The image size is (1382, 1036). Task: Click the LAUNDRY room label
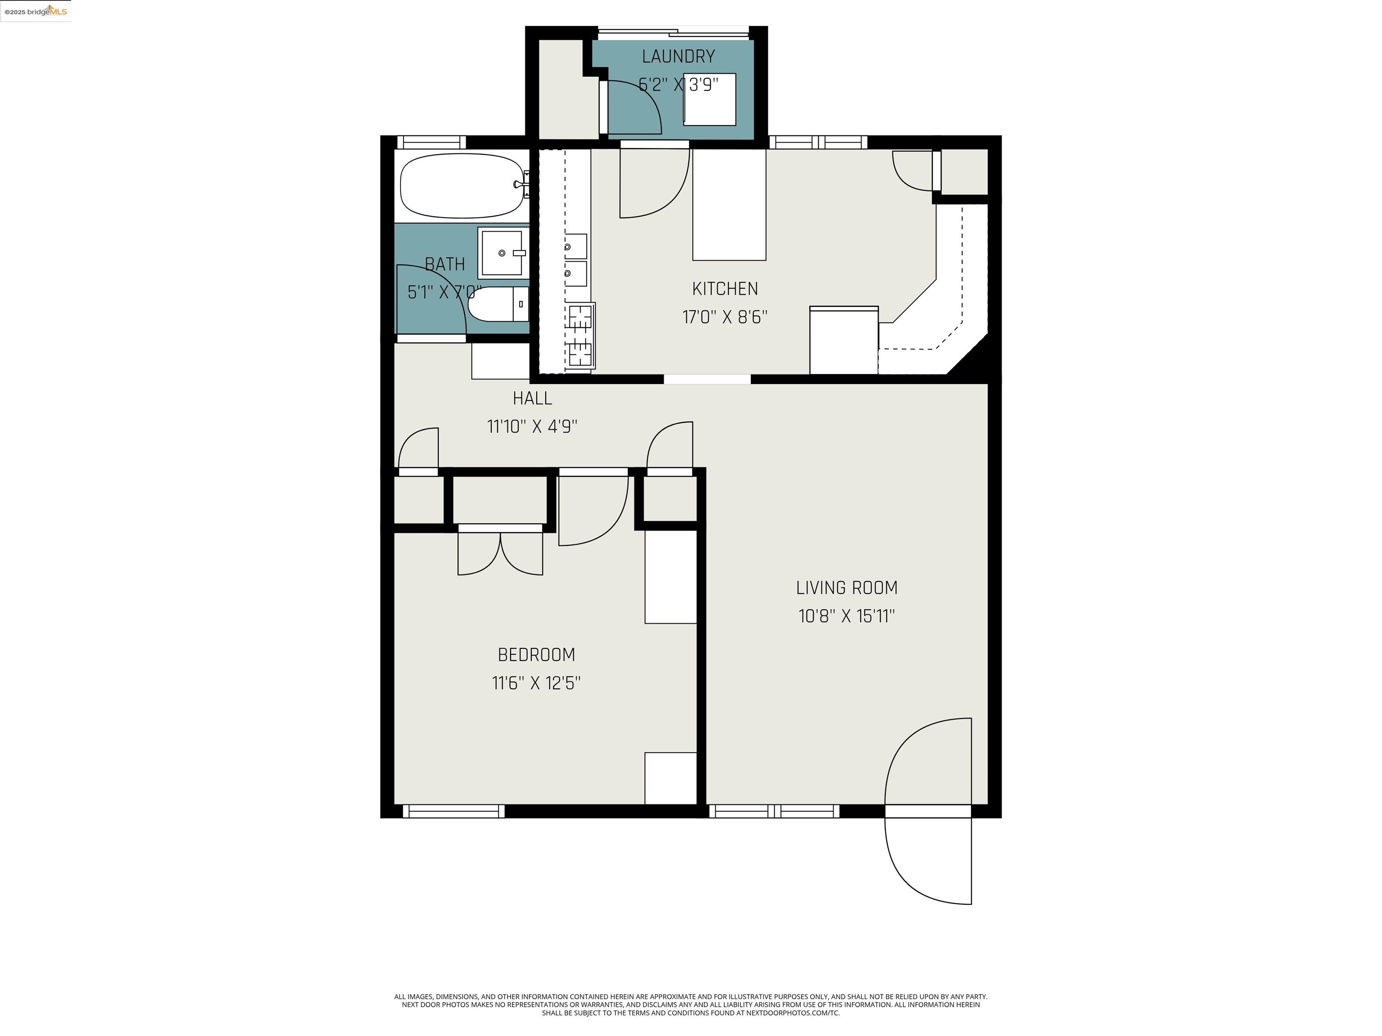point(678,57)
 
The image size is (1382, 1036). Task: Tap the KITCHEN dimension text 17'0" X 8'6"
point(725,317)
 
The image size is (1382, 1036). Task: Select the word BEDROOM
point(536,655)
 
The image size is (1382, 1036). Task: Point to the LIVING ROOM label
point(847,588)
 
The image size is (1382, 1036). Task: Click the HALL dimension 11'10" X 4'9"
point(532,427)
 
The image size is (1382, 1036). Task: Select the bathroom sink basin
point(501,253)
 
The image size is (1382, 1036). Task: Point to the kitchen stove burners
point(580,335)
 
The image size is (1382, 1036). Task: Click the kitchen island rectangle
point(729,205)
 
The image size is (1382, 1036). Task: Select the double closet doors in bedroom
point(500,553)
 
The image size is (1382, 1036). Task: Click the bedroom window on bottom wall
point(453,811)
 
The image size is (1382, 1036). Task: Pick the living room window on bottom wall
point(775,811)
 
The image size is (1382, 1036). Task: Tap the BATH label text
point(445,265)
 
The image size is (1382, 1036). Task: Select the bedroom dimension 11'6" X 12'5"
point(536,683)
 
